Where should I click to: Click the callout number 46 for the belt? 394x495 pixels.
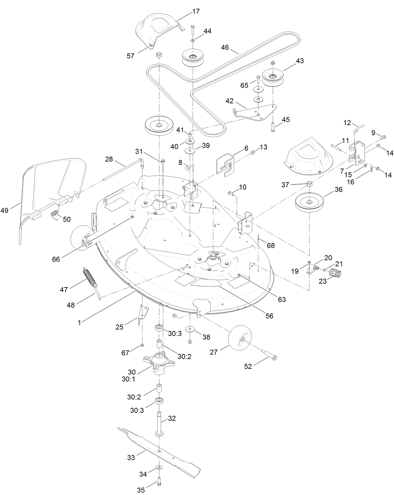click(225, 48)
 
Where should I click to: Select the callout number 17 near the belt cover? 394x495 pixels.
click(196, 12)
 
